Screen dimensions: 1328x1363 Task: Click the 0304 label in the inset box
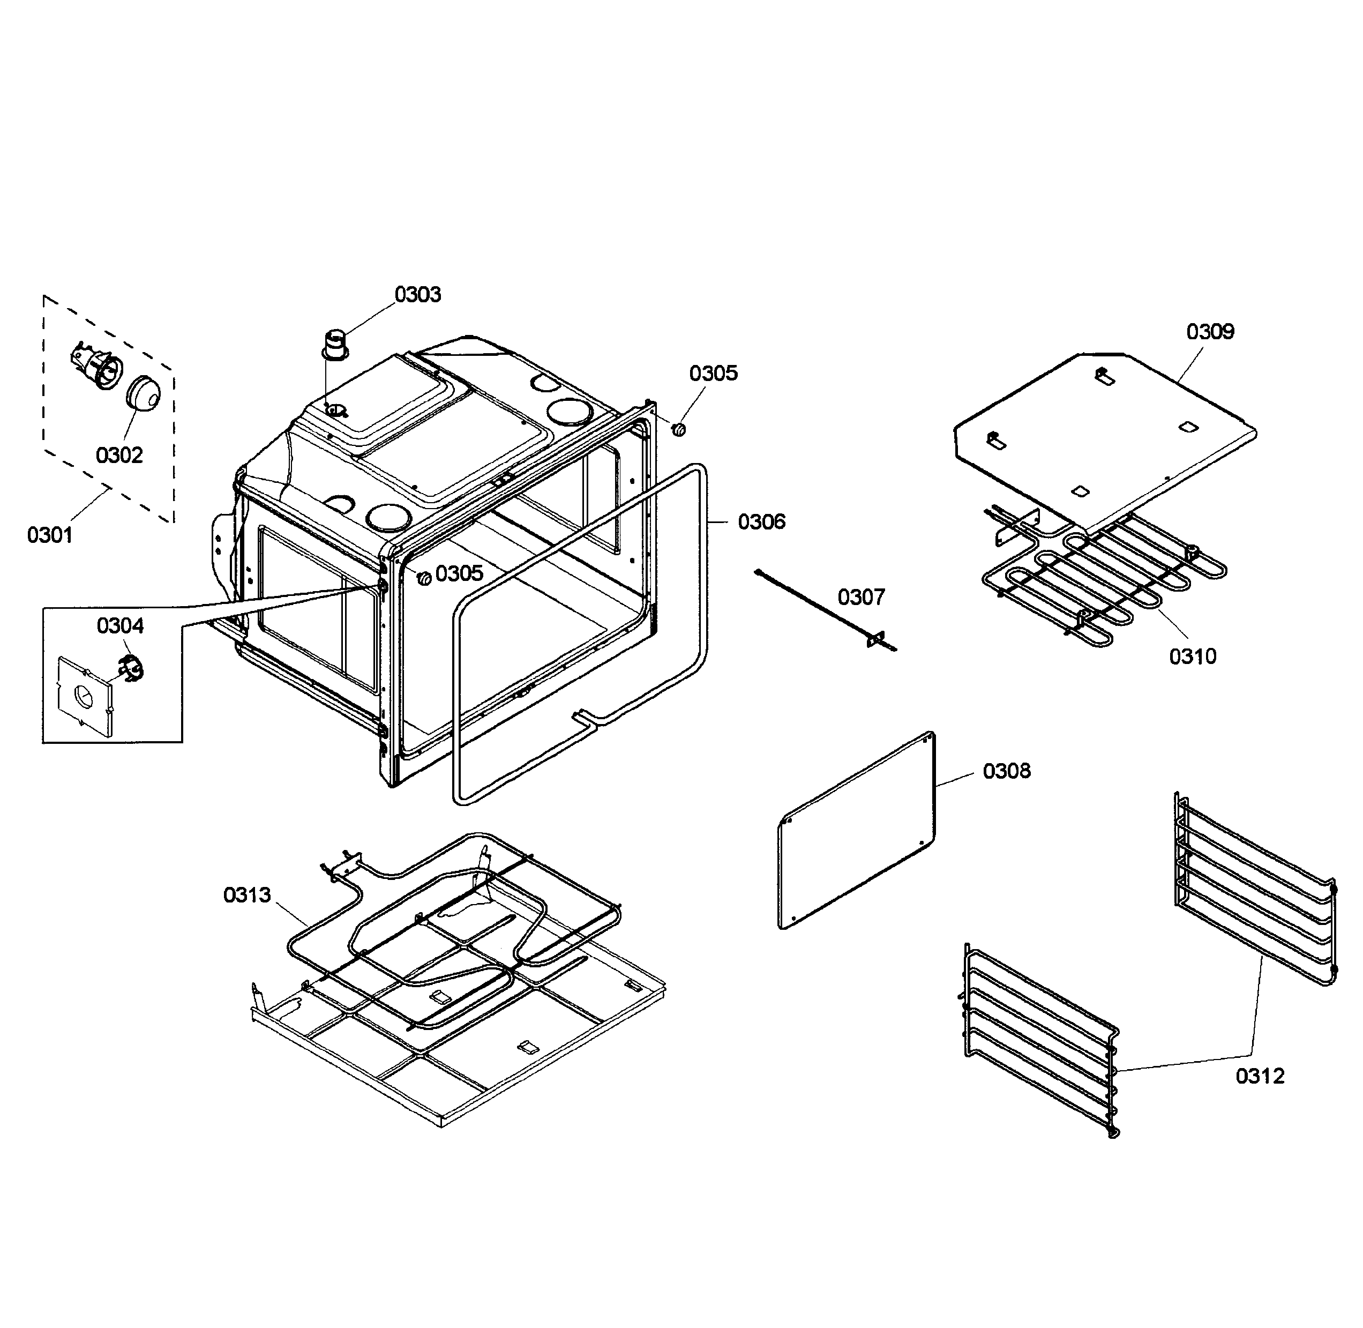(x=120, y=625)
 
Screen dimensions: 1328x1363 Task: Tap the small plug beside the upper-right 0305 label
(x=679, y=429)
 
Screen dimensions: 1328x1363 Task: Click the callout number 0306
(x=761, y=522)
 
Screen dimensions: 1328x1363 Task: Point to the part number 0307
(x=861, y=597)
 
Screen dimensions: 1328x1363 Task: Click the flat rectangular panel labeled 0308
(x=856, y=831)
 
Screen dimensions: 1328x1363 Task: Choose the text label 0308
(x=1006, y=771)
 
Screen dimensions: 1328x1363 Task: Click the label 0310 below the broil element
(x=1192, y=656)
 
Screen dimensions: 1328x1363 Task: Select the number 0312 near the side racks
(x=1260, y=1076)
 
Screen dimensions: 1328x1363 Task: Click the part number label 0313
(x=247, y=895)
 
